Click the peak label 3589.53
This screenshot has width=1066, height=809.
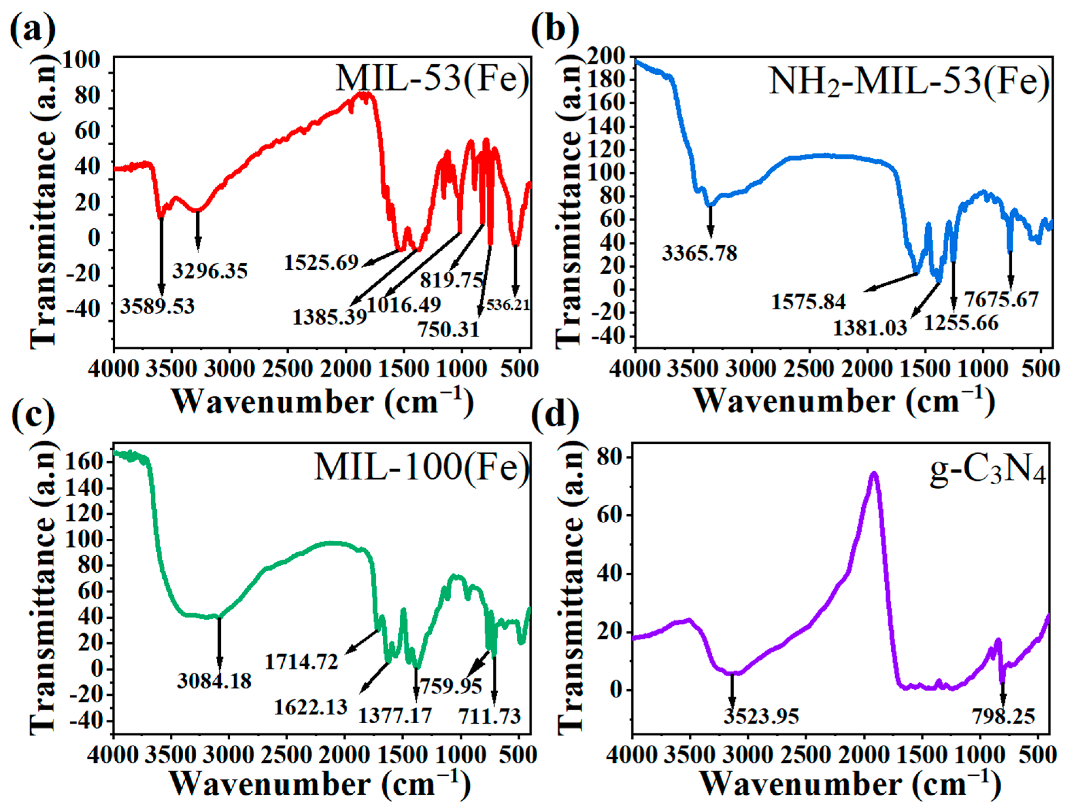[x=157, y=306]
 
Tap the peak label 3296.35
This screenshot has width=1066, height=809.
[x=210, y=271]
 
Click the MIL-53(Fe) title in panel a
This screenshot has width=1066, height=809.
[x=432, y=79]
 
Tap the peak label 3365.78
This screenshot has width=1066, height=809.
[x=699, y=253]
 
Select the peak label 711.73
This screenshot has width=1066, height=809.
[x=489, y=717]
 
